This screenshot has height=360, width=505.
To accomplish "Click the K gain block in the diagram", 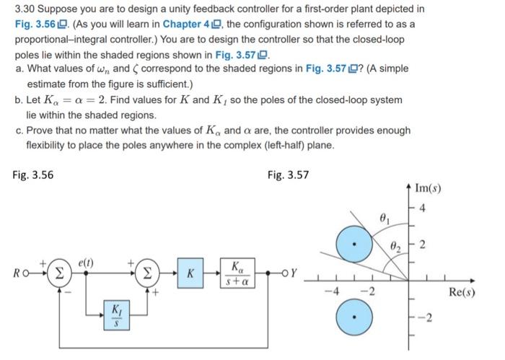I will pyautogui.click(x=189, y=273).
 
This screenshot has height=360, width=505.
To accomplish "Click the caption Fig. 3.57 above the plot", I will pyautogui.click(x=288, y=174).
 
